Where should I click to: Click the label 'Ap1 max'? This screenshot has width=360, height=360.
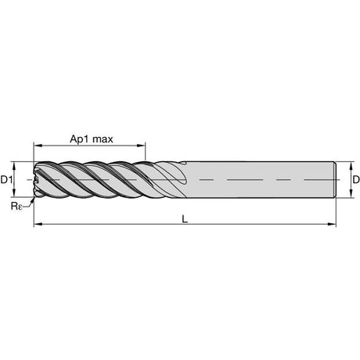[92, 139]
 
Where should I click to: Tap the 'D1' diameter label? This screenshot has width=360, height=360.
[6, 179]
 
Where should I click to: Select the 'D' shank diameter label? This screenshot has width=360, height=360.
[356, 179]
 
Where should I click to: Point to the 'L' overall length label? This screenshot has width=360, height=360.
[185, 219]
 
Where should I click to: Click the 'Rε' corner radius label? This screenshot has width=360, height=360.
[16, 206]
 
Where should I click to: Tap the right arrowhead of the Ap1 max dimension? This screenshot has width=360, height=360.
[141, 146]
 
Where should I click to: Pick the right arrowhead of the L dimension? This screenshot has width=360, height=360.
[332, 224]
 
